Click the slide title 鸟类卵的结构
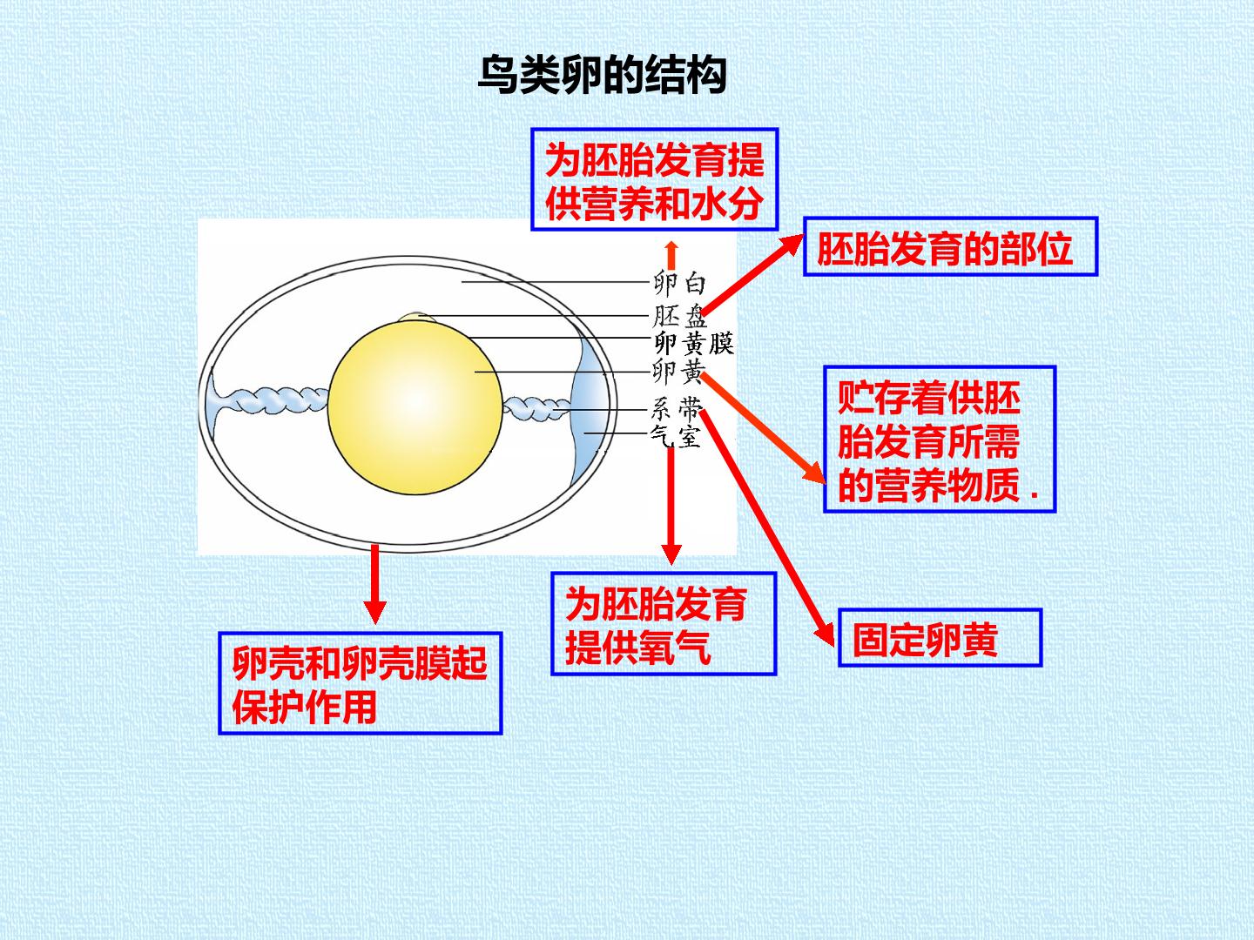pos(602,75)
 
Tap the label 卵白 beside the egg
pos(679,283)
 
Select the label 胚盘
pos(679,316)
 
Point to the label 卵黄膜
pos(693,343)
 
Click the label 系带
pos(677,409)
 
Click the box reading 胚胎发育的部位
pos(951,246)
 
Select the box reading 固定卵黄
pos(940,638)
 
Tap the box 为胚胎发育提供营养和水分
pos(655,179)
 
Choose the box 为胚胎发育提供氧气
pos(664,624)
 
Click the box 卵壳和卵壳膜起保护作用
pos(361,682)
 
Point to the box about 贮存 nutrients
pos(940,440)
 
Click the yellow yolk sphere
pos(415,407)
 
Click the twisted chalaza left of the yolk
pos(268,399)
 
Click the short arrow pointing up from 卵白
pos(671,254)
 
